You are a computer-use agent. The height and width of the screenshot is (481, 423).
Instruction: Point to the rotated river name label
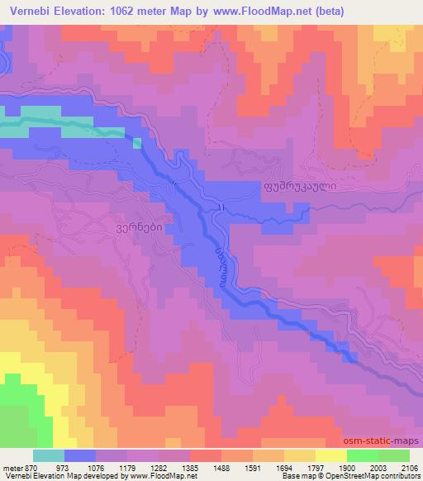(x=221, y=263)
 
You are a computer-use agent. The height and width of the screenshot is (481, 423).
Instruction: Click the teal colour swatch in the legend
(x=48, y=455)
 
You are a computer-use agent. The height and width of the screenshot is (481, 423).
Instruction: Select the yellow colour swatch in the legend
(x=330, y=455)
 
